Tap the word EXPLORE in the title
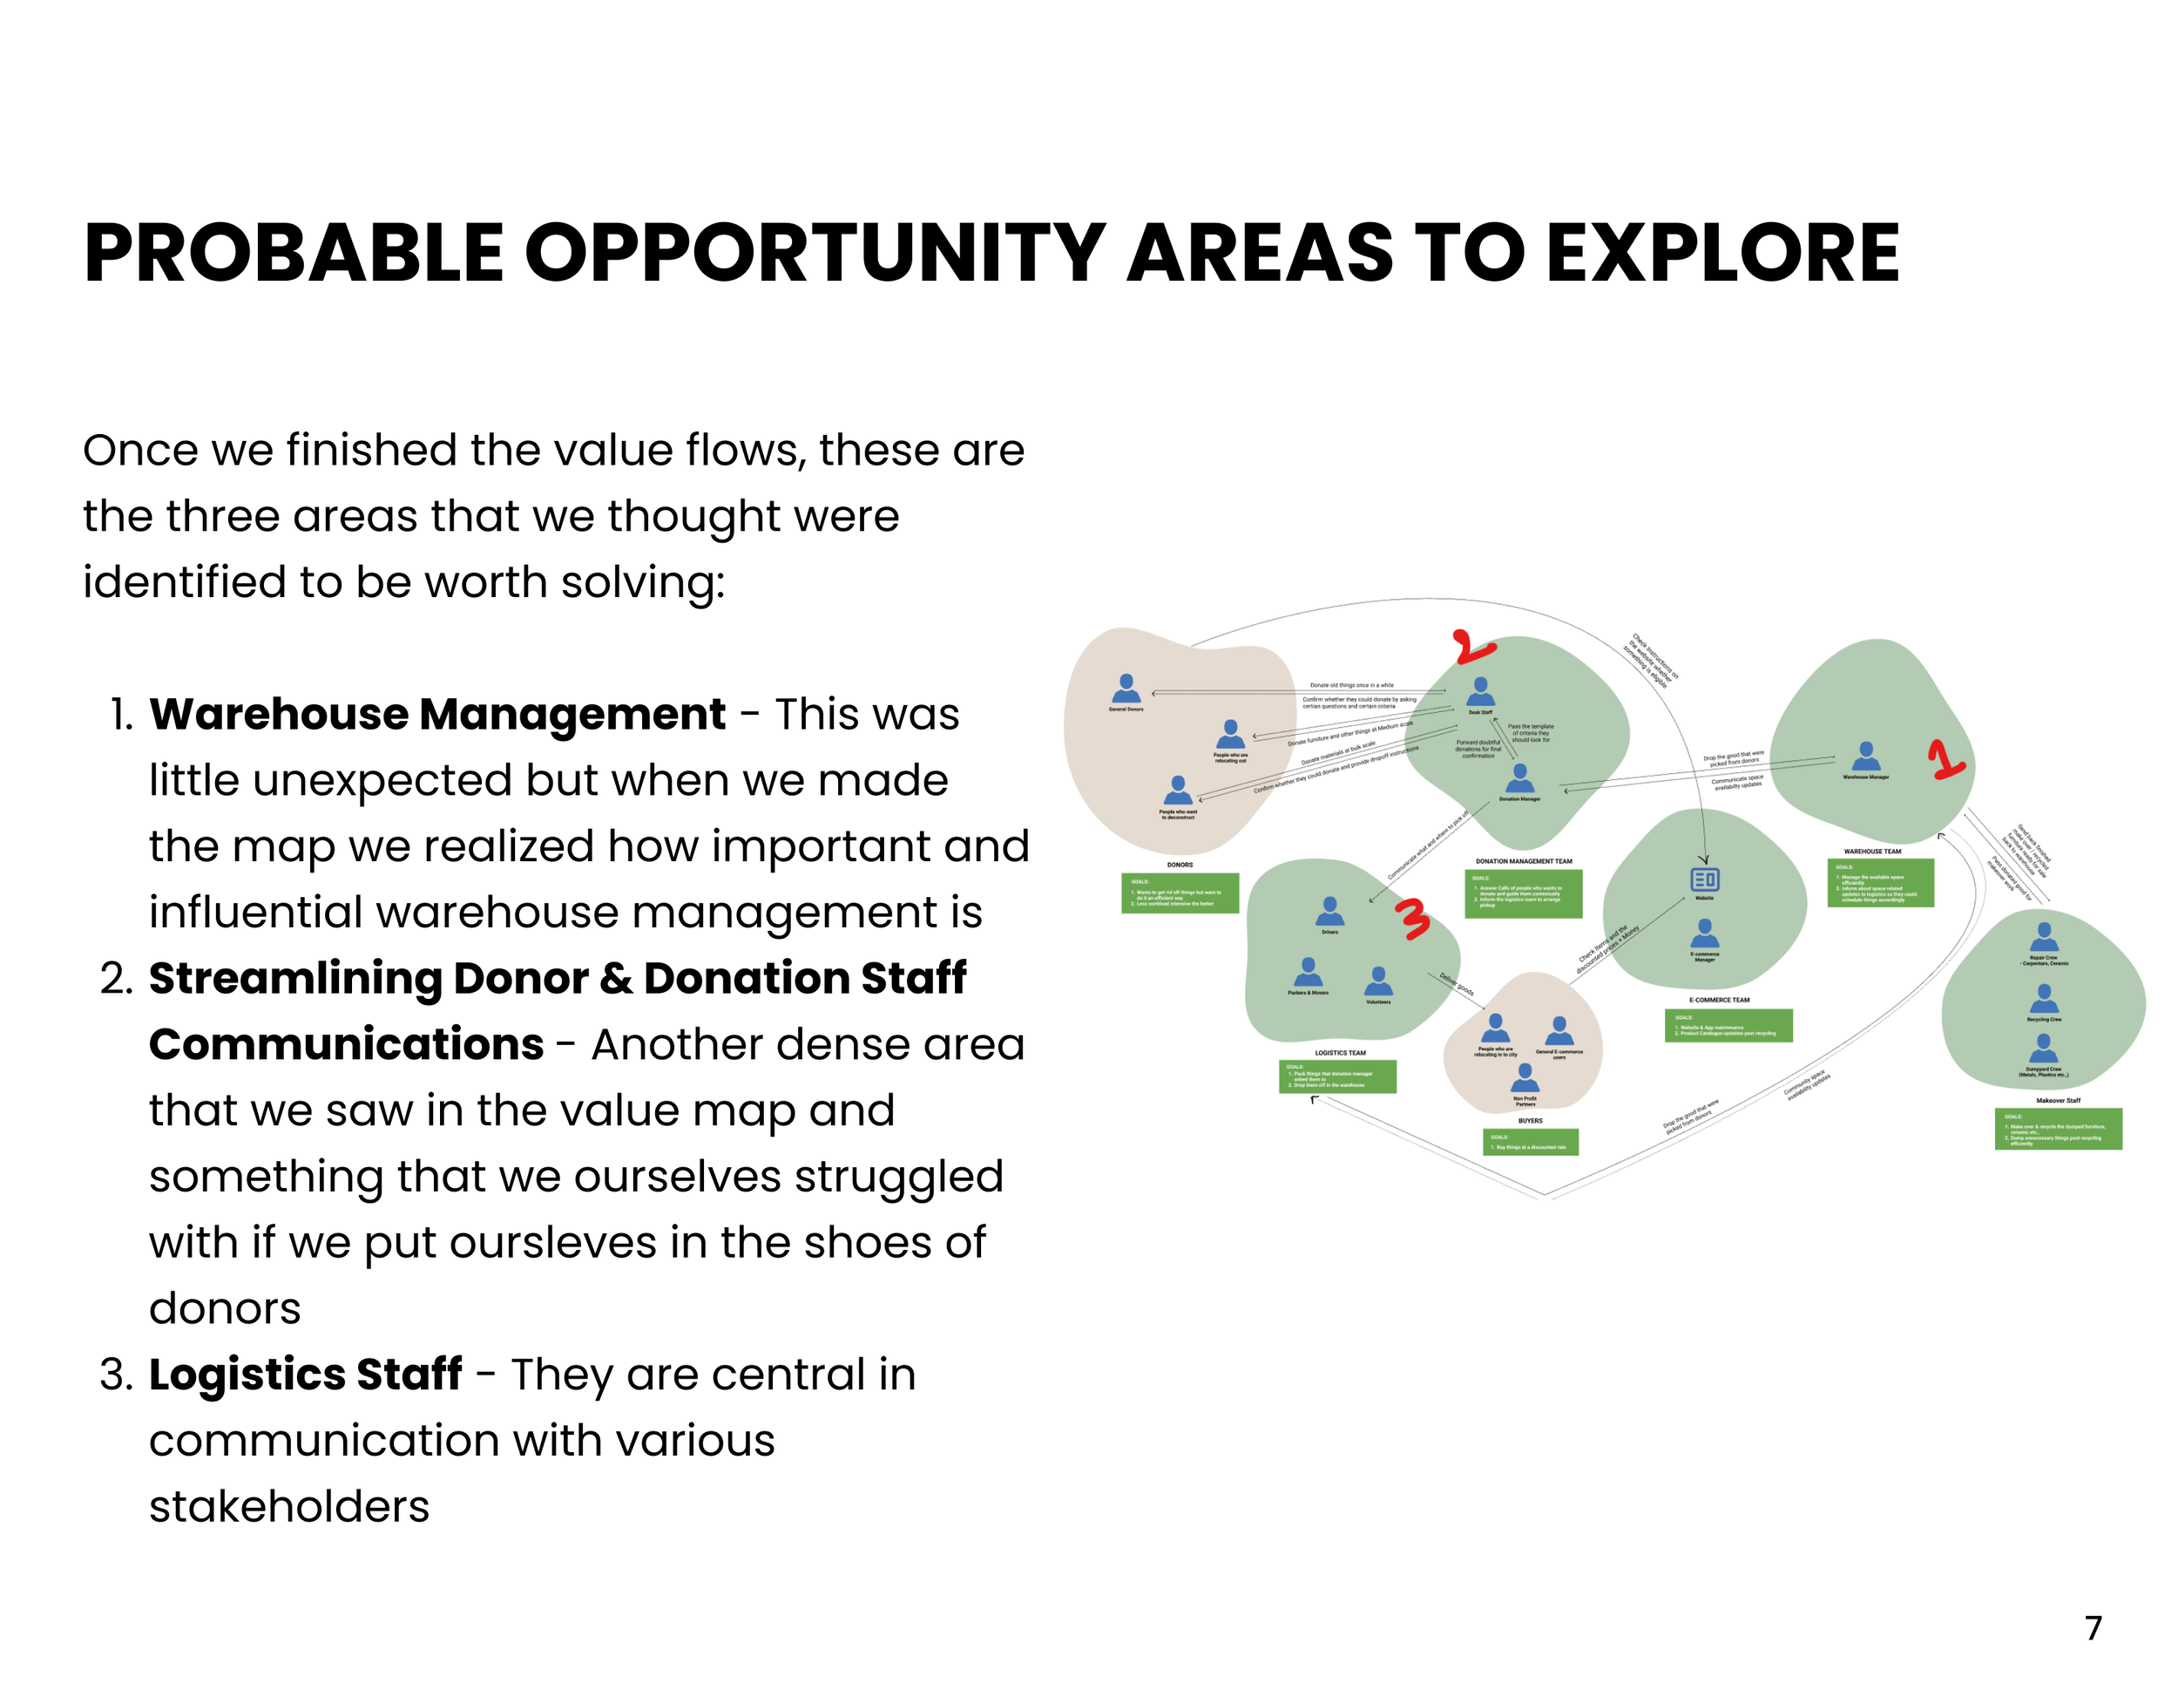point(1722,254)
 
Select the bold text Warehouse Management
point(436,714)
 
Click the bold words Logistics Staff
point(305,1374)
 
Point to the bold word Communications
point(346,1044)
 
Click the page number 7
point(2093,1628)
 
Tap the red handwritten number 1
point(1944,759)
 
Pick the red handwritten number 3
point(1412,919)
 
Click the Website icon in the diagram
point(1704,879)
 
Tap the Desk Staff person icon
point(1481,690)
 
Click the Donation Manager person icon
point(1520,778)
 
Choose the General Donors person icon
point(1126,689)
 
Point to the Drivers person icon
point(1329,911)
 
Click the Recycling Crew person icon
point(2045,998)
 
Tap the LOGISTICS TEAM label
point(1340,1053)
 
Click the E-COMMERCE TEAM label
point(1719,1000)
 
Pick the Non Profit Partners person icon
point(1525,1077)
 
